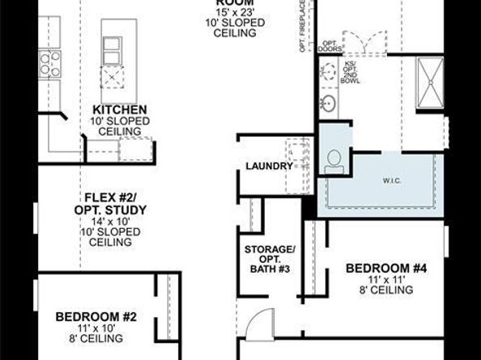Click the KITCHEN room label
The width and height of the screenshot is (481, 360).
[119, 110]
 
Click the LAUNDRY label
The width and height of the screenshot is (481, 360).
[269, 166]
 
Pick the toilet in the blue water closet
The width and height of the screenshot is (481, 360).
[332, 160]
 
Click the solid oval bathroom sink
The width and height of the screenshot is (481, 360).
[330, 104]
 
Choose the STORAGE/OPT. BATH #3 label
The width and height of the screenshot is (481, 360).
[269, 256]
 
